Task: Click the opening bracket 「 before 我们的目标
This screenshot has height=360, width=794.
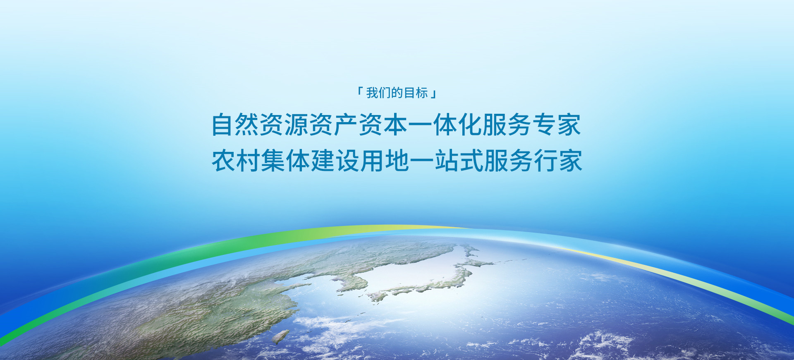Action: [x=360, y=91]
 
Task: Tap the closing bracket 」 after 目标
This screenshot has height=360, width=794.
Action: [x=433, y=94]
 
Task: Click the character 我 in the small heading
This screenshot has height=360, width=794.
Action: [x=372, y=93]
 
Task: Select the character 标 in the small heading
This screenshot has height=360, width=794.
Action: [x=422, y=93]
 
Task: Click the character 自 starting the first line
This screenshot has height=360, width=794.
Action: [x=222, y=125]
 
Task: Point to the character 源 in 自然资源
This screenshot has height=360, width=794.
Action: [x=297, y=125]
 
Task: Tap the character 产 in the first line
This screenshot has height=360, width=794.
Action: [x=346, y=125]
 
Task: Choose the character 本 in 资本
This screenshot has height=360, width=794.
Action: [x=396, y=125]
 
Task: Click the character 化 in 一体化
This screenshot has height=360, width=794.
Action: [x=470, y=125]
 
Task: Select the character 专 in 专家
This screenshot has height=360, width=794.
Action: [x=545, y=125]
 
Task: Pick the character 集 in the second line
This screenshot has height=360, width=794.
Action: [x=273, y=161]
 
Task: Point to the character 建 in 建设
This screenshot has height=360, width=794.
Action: [x=323, y=161]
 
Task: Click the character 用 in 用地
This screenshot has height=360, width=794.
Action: [x=373, y=161]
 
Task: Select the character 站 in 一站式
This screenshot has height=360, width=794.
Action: [x=447, y=161]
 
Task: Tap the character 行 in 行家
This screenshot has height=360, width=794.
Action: [x=546, y=161]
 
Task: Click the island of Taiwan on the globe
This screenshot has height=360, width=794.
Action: [x=281, y=336]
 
